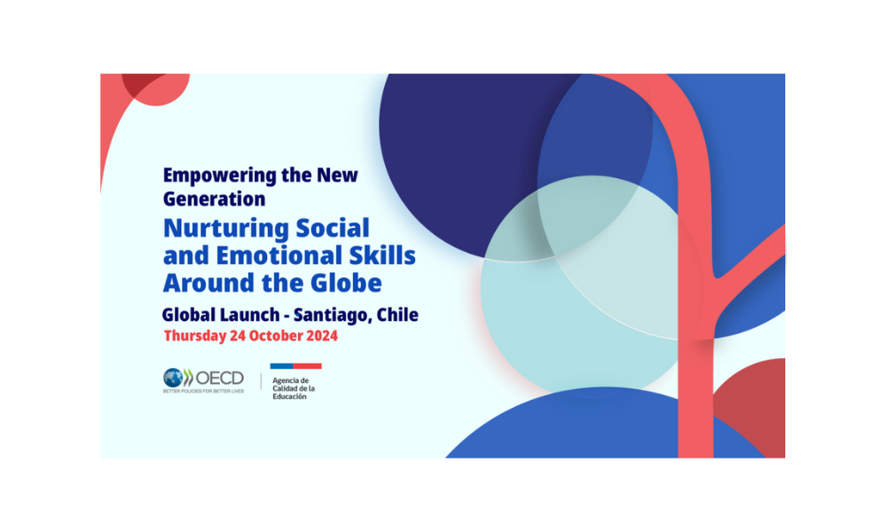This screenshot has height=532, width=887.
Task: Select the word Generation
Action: (214, 199)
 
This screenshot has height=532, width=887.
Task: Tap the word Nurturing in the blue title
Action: (225, 229)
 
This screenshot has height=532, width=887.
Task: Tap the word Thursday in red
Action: (195, 336)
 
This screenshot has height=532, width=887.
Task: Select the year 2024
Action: (322, 336)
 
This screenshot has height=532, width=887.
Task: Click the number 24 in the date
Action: (238, 336)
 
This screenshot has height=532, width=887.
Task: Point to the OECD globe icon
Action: (173, 378)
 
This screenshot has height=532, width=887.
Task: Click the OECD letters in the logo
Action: (219, 378)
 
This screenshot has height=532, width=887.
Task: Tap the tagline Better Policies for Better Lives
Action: (204, 391)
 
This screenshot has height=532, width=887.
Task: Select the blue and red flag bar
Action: (296, 366)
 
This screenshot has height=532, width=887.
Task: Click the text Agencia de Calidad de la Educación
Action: (294, 388)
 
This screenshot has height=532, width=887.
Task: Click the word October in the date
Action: (276, 336)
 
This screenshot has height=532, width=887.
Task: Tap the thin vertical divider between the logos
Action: (261, 381)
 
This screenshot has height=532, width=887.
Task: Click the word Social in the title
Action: (333, 229)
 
